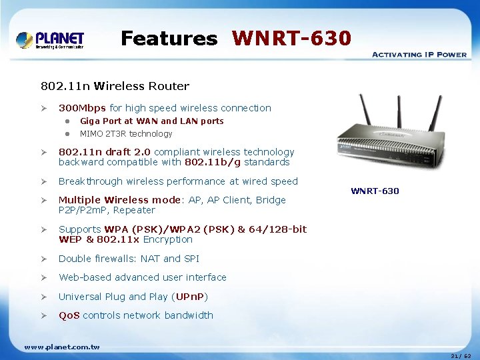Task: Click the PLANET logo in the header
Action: (51, 40)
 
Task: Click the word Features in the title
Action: (169, 39)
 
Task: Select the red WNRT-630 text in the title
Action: (291, 39)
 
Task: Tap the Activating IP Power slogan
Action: (419, 55)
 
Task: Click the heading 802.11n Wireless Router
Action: (115, 86)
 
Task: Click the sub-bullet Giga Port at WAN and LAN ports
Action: (151, 121)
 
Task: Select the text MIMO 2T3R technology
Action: (126, 134)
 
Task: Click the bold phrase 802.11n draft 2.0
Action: (105, 152)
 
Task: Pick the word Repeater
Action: (135, 210)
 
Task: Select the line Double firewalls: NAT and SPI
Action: (129, 259)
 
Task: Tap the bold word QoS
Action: (69, 315)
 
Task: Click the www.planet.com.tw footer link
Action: (61, 347)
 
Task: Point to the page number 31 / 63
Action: (460, 355)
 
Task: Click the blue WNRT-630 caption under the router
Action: (375, 191)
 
